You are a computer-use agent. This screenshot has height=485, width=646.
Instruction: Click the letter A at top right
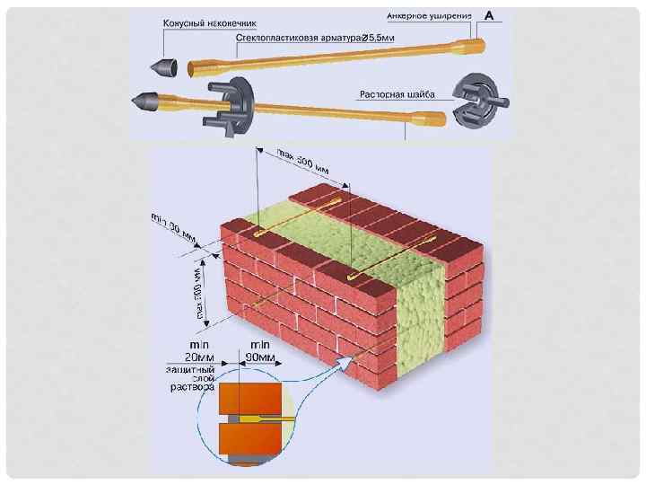tap(490, 15)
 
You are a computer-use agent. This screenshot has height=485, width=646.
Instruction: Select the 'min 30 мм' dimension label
tap(173, 226)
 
